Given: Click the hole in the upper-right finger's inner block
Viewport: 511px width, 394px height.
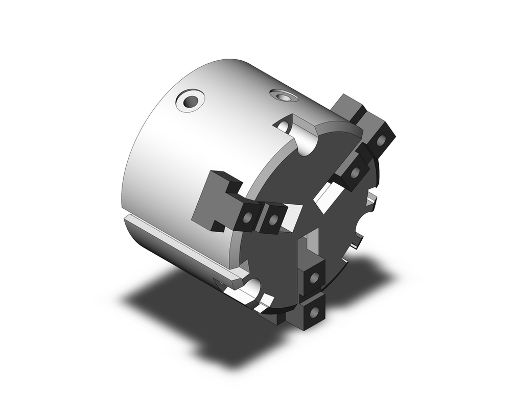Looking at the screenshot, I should click(x=355, y=173).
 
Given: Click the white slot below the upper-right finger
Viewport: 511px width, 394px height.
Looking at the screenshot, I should click(x=326, y=197).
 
